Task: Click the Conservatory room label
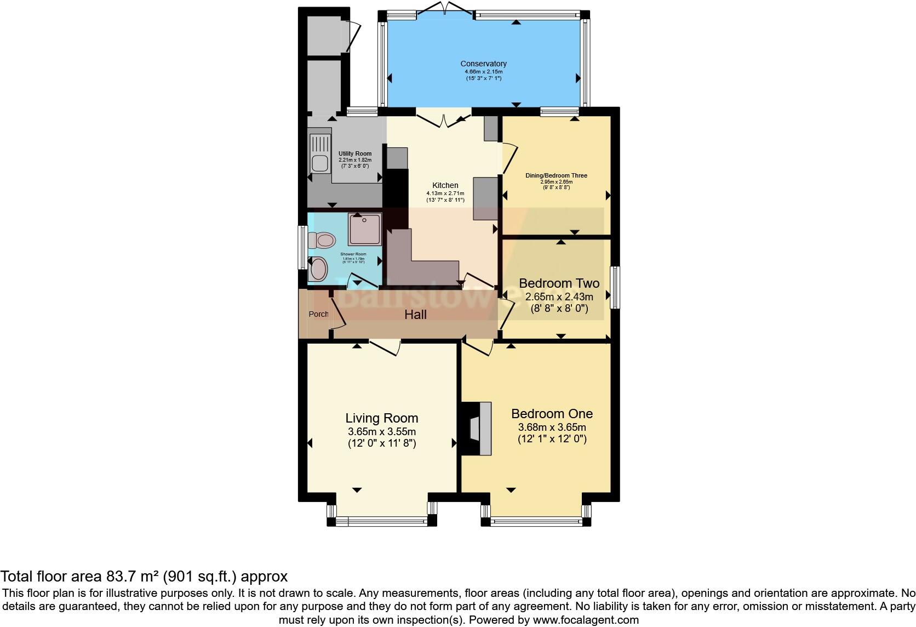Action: [483, 64]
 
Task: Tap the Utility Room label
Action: [354, 153]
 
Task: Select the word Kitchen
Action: [445, 185]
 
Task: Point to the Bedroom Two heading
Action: [559, 283]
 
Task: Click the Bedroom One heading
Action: [552, 414]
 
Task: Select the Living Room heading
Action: [381, 418]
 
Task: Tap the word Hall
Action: [415, 315]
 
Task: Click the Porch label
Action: [318, 314]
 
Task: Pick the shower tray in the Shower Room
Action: [364, 229]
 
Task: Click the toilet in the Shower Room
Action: [322, 240]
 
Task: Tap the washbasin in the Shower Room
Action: [318, 269]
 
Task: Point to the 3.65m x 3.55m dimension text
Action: [381, 431]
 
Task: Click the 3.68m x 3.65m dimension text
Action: [552, 427]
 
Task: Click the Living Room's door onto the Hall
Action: [385, 347]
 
